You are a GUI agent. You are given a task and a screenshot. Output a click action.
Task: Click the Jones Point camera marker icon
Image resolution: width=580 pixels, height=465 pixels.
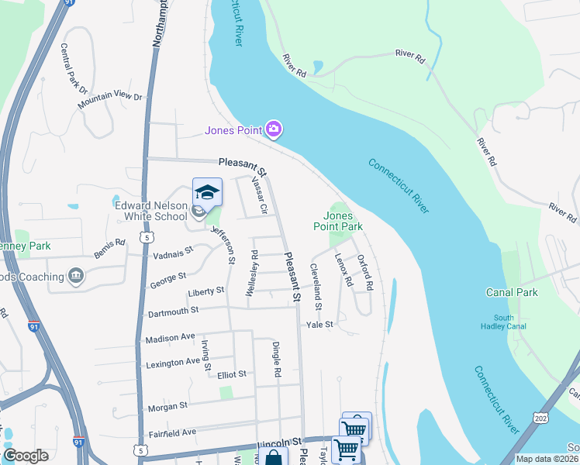273,129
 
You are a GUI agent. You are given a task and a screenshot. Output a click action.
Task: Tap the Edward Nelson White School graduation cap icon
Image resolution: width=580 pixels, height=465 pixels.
207,191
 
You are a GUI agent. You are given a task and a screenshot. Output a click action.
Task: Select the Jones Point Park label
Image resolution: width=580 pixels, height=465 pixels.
338,222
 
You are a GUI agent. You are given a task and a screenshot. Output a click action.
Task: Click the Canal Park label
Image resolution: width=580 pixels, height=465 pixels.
512,292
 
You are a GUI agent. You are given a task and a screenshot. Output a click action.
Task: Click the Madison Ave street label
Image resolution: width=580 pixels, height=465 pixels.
170,339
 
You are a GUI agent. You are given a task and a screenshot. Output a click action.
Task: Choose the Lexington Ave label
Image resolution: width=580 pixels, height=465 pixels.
172,362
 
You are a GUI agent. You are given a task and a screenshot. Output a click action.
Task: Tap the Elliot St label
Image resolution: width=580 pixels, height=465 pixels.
232,374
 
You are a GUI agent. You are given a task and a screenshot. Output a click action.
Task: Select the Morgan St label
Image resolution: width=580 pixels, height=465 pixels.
167,405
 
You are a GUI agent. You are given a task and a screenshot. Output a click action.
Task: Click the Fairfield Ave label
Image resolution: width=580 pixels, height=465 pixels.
171,432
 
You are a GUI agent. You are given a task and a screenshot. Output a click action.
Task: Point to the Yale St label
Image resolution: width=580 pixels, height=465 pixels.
319,325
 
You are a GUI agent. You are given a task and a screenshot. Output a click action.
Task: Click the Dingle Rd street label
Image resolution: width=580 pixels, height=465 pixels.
277,360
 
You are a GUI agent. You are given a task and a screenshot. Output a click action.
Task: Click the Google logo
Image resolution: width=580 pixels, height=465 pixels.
26,455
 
